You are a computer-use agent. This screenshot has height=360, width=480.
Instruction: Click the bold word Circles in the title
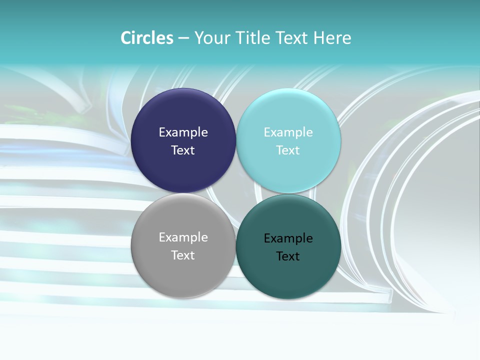coord(146,38)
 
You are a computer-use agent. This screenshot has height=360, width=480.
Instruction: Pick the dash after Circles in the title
coord(183,38)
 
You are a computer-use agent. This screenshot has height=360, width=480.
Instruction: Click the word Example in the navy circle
coord(183,132)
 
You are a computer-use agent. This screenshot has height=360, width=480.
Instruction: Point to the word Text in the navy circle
coord(183,150)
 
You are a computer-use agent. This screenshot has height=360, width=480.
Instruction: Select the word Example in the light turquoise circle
coord(288,132)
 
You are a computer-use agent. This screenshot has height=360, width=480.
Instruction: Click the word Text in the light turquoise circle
coord(288,150)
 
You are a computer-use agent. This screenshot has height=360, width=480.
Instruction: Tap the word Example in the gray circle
coord(183,237)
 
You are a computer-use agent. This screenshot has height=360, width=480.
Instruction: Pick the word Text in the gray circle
coord(183,255)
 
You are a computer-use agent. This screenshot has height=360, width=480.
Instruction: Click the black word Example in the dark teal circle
coord(288,238)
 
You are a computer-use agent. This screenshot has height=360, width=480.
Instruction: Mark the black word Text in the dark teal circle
coord(288,256)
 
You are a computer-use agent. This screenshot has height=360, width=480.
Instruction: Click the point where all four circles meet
coord(236,193)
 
